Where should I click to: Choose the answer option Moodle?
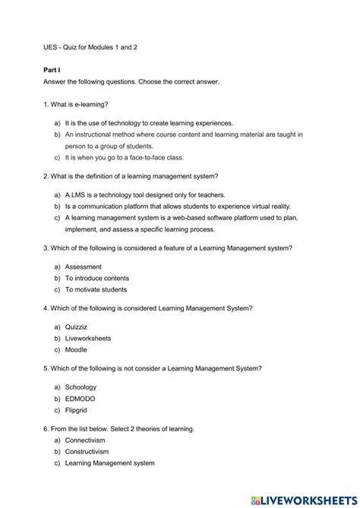tap(76, 349)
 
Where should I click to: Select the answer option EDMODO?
tap(80, 398)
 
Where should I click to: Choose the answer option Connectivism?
tap(85, 440)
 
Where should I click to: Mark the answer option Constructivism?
tap(87, 451)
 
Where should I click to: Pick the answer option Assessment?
tap(83, 267)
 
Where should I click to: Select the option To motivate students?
tap(96, 289)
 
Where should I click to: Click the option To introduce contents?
tap(97, 278)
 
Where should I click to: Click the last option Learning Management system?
tap(110, 462)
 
